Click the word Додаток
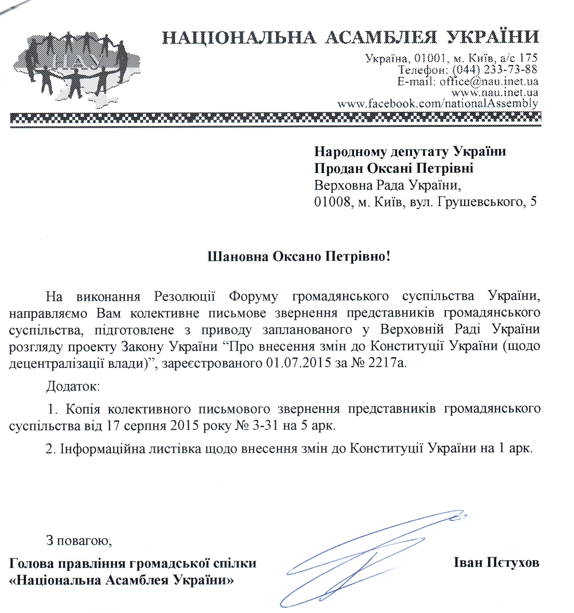(x=73, y=386)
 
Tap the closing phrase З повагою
(x=79, y=540)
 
